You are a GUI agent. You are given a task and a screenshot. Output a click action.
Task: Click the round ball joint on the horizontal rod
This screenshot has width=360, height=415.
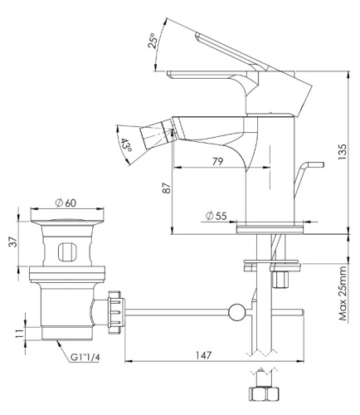236,313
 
